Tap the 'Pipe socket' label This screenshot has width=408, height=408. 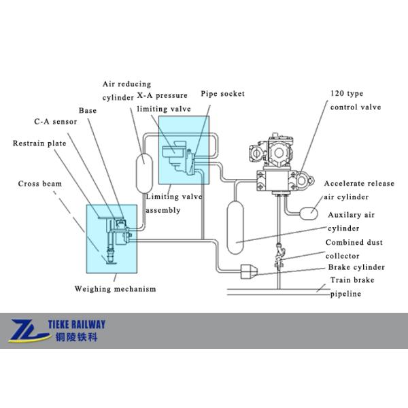tap(222, 93)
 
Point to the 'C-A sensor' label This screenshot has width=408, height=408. tap(56, 122)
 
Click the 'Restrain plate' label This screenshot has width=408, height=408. tap(40, 143)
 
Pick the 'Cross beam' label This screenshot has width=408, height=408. tap(39, 184)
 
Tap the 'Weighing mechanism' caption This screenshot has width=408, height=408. tap(115, 288)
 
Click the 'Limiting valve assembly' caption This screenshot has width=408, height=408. tap(173, 203)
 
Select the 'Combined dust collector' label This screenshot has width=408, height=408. tap(354, 249)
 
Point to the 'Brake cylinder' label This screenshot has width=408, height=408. tap(355, 267)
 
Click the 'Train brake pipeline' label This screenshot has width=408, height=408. tap(352, 287)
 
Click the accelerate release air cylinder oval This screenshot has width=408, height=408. tap(310, 212)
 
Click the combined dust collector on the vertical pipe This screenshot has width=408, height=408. tap(279, 256)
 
